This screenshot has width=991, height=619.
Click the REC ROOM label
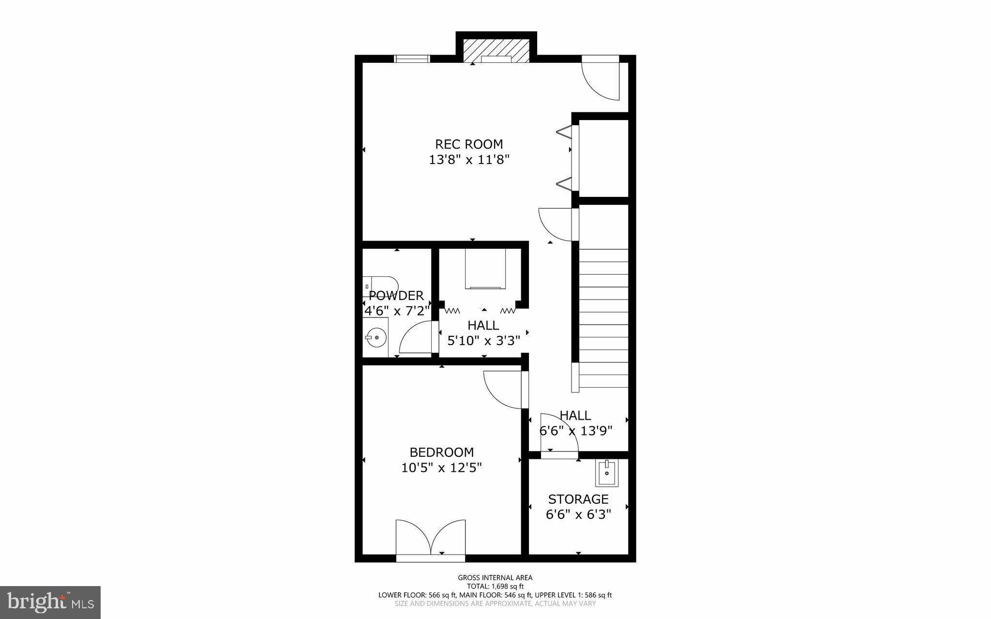click(469, 144)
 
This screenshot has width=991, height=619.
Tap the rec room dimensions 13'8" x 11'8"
click(469, 160)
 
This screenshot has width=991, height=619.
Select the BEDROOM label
click(441, 453)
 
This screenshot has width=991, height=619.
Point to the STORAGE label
click(578, 499)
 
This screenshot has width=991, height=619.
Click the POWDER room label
click(396, 296)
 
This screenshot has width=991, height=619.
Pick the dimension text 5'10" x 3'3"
click(483, 341)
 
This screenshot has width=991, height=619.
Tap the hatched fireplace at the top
click(496, 51)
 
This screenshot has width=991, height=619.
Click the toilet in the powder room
click(379, 286)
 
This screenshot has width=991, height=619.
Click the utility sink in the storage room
click(607, 473)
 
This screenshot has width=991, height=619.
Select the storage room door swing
click(557, 434)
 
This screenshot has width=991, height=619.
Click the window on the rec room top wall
click(412, 59)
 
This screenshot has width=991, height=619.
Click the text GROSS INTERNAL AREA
click(495, 577)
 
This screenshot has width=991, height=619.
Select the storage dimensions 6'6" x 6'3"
click(578, 514)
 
